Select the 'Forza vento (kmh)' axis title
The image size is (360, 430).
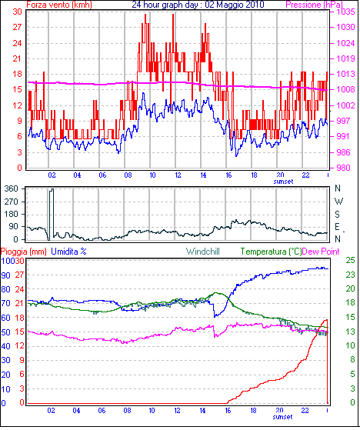click(59, 5)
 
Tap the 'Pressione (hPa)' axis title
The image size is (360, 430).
click(314, 5)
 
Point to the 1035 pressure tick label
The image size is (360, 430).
click(345, 12)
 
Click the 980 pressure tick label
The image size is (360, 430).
click(344, 168)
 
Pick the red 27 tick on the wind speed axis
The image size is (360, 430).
click(17, 27)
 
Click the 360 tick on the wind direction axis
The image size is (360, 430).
click(12, 188)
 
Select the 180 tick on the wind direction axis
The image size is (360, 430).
click(12, 214)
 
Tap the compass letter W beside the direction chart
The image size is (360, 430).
click(338, 202)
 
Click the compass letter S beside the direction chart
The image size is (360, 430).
click(337, 214)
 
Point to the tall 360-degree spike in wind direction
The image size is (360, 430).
click(52, 214)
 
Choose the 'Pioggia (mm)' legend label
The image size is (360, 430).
click(24, 252)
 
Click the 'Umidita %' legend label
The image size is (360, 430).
click(68, 252)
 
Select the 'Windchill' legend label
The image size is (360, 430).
click(203, 252)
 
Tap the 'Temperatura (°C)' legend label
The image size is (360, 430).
click(271, 252)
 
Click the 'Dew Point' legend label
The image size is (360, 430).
click(321, 252)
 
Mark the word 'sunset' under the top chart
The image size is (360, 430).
click(283, 182)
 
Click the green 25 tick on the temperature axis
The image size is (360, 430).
click(350, 260)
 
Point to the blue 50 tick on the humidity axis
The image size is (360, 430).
click(5, 332)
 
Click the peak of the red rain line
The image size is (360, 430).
click(326, 320)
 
